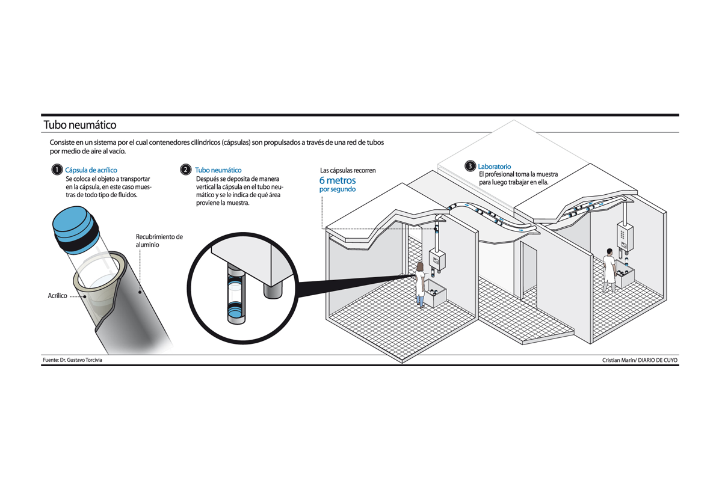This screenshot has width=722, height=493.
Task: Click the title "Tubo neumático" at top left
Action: pyautogui.click(x=79, y=125)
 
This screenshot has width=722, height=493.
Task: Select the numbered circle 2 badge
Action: pyautogui.click(x=186, y=170)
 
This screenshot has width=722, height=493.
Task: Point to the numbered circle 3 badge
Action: pyautogui.click(x=470, y=166)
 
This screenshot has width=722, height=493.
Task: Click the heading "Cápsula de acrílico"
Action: pyautogui.click(x=91, y=170)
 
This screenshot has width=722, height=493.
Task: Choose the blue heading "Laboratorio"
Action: pyautogui.click(x=494, y=166)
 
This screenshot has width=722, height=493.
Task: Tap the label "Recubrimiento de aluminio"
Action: pyautogui.click(x=159, y=240)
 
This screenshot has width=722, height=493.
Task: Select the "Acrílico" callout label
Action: pyautogui.click(x=58, y=296)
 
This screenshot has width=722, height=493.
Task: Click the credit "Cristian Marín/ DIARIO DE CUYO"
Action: pyautogui.click(x=640, y=360)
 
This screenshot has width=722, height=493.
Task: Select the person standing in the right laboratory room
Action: pyautogui.click(x=609, y=270)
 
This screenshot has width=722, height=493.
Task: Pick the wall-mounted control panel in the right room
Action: pyautogui.click(x=625, y=237)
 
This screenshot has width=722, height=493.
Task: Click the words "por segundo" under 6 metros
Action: pyautogui.click(x=337, y=189)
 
